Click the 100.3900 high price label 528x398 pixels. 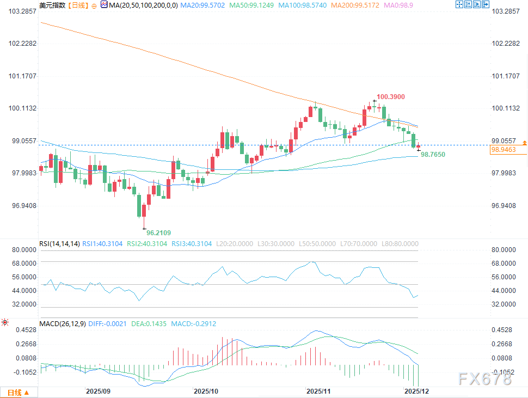click(x=392, y=96)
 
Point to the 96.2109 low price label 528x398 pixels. click(x=158, y=232)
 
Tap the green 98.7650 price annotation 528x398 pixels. click(x=433, y=155)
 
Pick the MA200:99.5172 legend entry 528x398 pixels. click(x=348, y=5)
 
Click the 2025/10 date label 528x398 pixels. click(x=206, y=391)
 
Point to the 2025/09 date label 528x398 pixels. click(x=98, y=391)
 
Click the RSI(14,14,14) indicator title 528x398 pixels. click(x=60, y=243)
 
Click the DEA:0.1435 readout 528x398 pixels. click(x=149, y=323)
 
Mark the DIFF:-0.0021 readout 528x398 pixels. click(x=108, y=323)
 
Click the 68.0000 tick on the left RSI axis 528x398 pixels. click(x=20, y=263)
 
